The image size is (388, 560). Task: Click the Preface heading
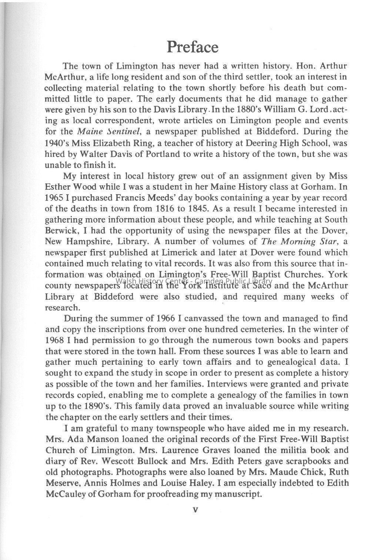(193, 47)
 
